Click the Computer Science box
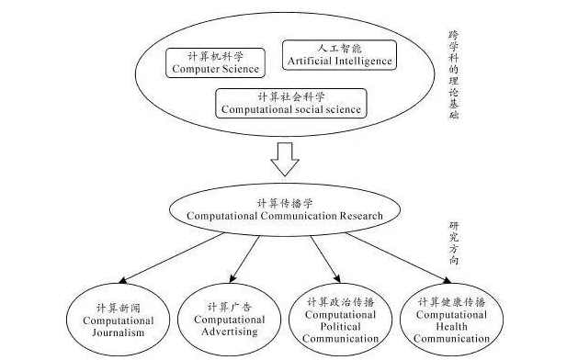pos(214,62)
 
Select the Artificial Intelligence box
pos(339,55)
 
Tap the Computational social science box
pos(290,103)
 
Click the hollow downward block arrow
pos(286,158)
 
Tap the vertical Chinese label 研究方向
pos(454,242)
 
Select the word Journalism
pos(120,333)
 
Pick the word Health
pos(453,326)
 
